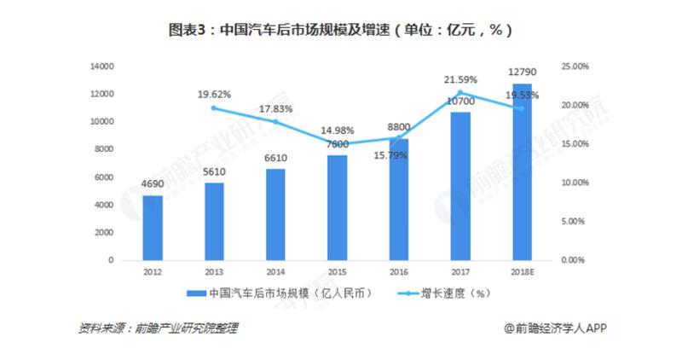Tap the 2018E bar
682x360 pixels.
click(x=522, y=171)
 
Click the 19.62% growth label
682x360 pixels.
click(x=215, y=95)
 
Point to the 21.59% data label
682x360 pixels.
click(x=460, y=79)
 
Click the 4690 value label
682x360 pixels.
click(x=153, y=185)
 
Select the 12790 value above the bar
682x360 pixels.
click(x=522, y=71)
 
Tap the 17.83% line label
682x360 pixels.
click(x=275, y=109)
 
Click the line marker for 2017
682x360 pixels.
click(x=460, y=93)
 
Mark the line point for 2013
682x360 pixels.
click(x=214, y=107)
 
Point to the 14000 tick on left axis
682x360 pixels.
click(x=102, y=66)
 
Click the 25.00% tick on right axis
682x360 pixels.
click(x=574, y=66)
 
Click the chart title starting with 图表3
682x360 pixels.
click(x=341, y=30)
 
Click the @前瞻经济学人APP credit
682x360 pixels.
click(x=554, y=328)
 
